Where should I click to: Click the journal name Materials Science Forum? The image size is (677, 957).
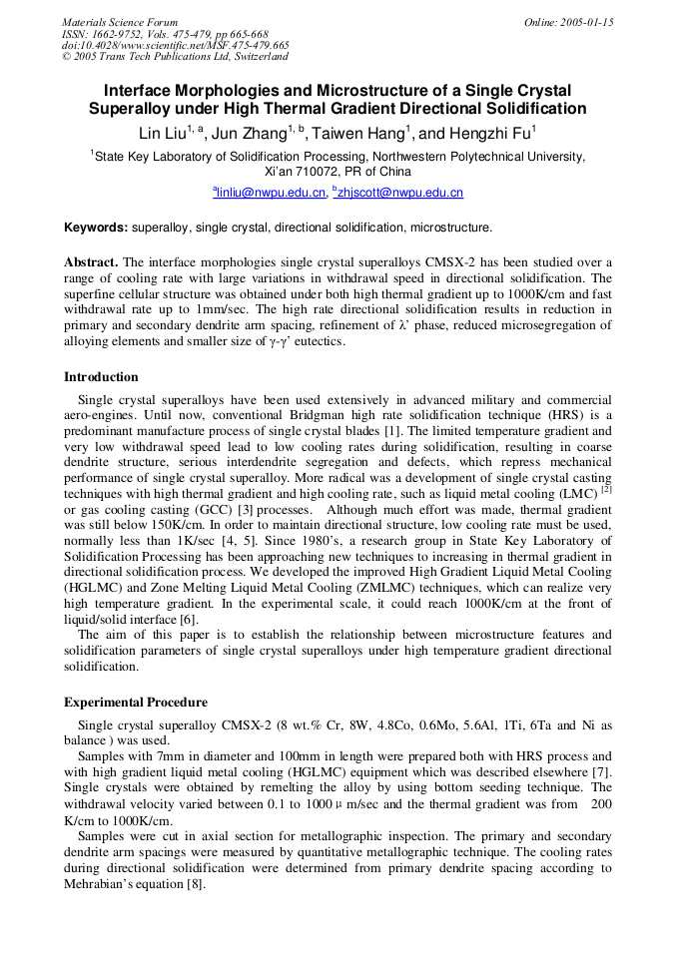click(120, 22)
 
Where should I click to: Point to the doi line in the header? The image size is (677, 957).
click(175, 45)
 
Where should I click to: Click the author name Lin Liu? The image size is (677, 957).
click(164, 133)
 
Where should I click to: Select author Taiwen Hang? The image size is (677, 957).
click(360, 133)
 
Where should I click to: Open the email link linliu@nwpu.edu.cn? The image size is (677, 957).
click(271, 193)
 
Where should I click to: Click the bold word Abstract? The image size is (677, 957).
click(91, 262)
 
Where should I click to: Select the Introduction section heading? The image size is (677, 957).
click(101, 377)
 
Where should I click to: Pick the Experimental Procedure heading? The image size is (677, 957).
click(136, 703)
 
